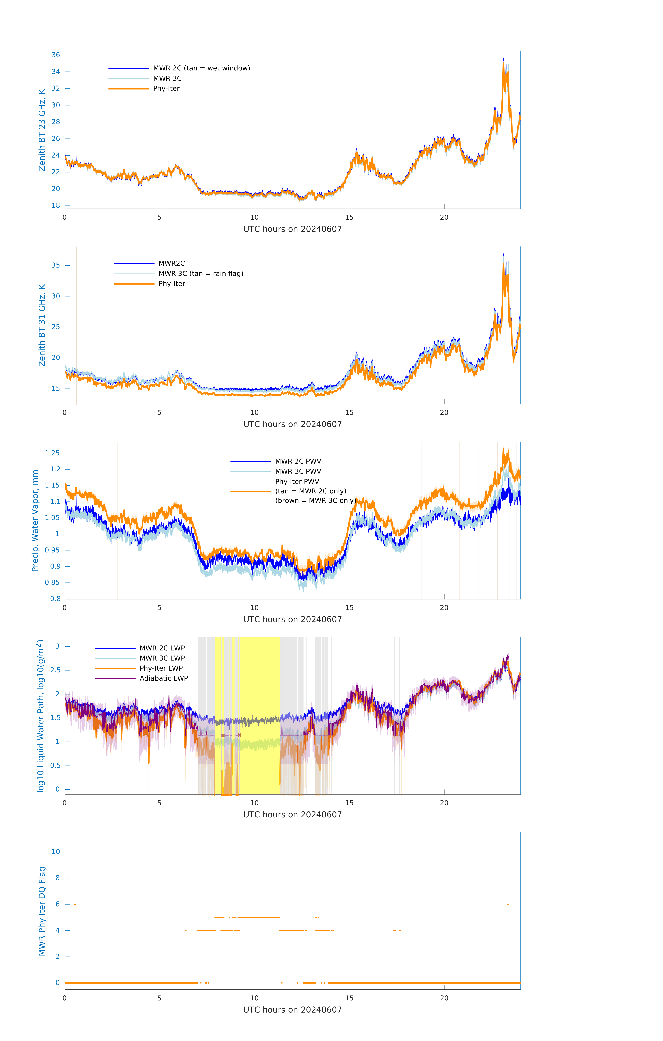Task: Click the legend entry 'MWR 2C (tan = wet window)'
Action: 201,68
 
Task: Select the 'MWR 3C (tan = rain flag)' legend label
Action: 201,274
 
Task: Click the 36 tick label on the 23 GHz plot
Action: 56,55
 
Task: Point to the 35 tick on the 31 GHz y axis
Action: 56,265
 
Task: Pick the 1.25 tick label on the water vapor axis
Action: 52,453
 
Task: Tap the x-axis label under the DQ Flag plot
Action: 292,1010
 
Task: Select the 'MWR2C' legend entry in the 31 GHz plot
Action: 171,263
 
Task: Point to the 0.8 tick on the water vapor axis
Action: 55,599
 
